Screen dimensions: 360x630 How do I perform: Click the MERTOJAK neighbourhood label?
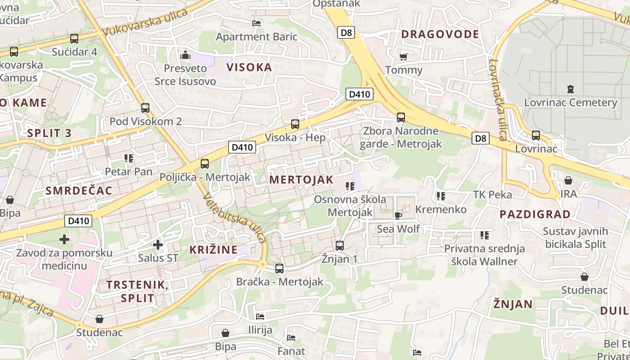(x=301, y=180)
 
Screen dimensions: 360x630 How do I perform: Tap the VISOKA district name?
(x=249, y=67)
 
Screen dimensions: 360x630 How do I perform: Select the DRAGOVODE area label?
(x=440, y=34)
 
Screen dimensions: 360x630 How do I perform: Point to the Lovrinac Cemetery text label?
(x=571, y=103)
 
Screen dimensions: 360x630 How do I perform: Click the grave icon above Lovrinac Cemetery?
(x=571, y=89)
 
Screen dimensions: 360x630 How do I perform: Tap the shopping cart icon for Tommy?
(x=404, y=57)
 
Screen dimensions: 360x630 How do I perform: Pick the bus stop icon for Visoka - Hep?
(x=295, y=124)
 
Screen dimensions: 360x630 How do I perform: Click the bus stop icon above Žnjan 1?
(x=340, y=246)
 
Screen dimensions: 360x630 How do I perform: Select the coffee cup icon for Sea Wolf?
(x=398, y=216)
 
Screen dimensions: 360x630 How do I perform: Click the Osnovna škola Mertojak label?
(x=350, y=206)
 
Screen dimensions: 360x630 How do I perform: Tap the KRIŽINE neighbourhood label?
(x=213, y=250)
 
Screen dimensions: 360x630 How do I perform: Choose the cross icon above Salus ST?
(x=157, y=245)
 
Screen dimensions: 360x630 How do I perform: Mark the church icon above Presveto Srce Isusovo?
(x=185, y=55)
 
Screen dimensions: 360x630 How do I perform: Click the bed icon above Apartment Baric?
(x=256, y=23)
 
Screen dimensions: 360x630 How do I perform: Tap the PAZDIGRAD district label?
(x=535, y=214)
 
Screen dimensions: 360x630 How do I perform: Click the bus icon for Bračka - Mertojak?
(x=279, y=269)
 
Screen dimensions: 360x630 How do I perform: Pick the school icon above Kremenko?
(x=441, y=196)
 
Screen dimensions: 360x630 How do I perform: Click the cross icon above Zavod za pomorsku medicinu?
(x=64, y=239)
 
